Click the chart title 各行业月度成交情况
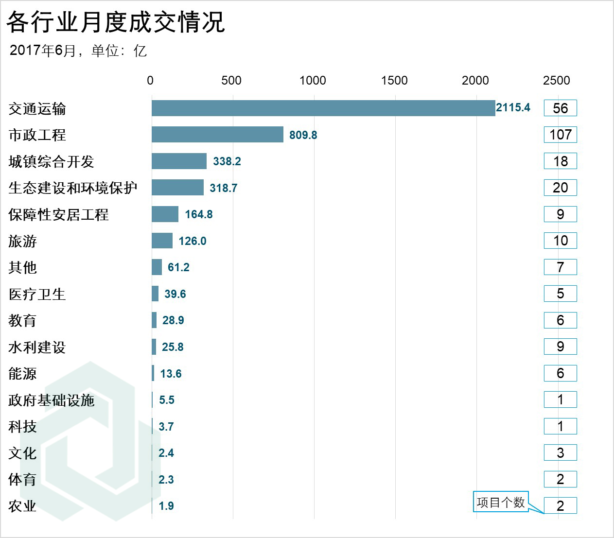116,22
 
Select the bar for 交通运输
323,108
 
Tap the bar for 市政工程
217,135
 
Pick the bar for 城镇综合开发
179,161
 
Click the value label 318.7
224,188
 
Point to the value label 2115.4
513,108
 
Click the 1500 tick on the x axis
394,81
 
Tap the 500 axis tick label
231,81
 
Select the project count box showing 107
560,135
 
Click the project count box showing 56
560,108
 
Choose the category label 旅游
23,241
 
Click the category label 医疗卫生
37,294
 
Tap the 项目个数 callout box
501,502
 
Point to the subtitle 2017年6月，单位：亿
78,51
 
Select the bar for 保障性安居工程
165,214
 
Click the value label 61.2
178,267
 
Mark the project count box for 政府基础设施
560,400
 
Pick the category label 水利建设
37,347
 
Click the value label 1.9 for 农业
166,506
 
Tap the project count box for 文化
560,453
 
